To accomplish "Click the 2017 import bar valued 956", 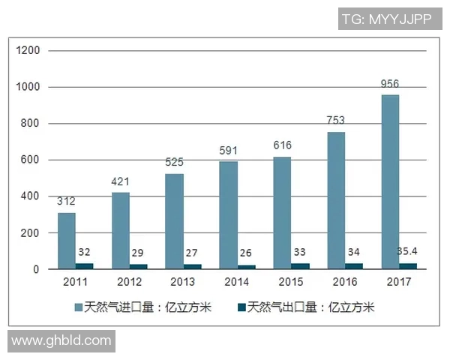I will pyautogui.click(x=390, y=181).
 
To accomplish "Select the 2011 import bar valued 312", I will pyautogui.click(x=67, y=241).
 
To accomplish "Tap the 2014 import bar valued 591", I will pyautogui.click(x=228, y=215).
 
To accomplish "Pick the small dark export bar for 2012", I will pyautogui.click(x=139, y=266).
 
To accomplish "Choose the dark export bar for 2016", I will pyautogui.click(x=354, y=265).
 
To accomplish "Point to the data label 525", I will pyautogui.click(x=174, y=162).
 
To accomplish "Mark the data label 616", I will pyautogui.click(x=282, y=145).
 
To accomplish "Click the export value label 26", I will pyautogui.click(x=247, y=253).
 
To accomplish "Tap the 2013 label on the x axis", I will pyautogui.click(x=183, y=283).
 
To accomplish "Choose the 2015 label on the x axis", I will pyautogui.click(x=291, y=283).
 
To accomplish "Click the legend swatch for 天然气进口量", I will pyautogui.click(x=78, y=307).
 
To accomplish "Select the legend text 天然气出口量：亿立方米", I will pyautogui.click(x=311, y=307).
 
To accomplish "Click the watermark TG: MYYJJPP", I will pyautogui.click(x=386, y=19).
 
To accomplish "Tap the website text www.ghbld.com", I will pyautogui.click(x=61, y=341).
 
